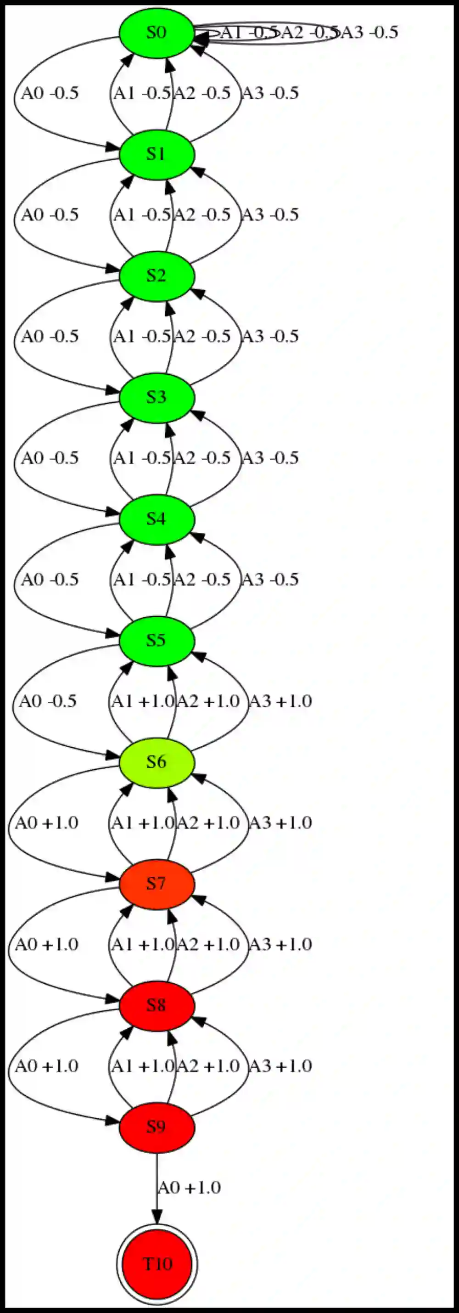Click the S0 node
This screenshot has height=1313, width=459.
(157, 33)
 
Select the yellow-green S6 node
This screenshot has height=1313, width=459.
(157, 762)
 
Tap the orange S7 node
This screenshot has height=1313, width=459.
(157, 883)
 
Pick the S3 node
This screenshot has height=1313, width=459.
(157, 397)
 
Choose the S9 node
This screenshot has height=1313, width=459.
(157, 1127)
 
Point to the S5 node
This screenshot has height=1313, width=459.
(157, 640)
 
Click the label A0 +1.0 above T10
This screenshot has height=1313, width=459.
(189, 1188)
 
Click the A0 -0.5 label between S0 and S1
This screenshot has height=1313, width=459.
(50, 93)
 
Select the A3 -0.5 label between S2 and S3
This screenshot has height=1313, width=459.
(270, 337)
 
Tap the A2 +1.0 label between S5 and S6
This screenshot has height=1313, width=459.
(207, 701)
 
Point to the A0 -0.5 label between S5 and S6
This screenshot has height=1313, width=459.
(48, 701)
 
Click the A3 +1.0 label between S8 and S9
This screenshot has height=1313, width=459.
(280, 1066)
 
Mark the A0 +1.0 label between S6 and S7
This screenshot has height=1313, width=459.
(46, 823)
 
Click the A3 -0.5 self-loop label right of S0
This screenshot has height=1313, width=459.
(369, 33)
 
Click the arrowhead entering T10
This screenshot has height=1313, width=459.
(157, 1219)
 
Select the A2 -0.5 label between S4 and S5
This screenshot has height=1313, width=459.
(202, 580)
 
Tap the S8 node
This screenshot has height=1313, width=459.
(157, 1005)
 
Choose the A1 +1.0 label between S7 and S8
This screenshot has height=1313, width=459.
(143, 945)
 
